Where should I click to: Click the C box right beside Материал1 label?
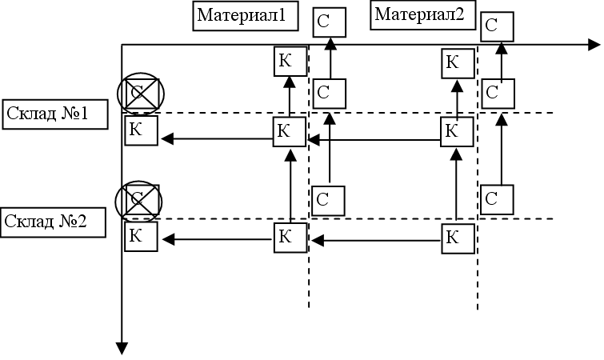329,22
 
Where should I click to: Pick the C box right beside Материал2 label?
498,26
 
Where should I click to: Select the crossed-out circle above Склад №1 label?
139,94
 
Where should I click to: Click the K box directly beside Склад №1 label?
141,131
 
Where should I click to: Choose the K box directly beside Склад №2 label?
141,237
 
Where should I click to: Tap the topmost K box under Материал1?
290,60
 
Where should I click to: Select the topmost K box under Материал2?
457,62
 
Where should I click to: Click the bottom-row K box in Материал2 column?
457,237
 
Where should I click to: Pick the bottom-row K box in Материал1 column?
290,237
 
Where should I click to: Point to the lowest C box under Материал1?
328,200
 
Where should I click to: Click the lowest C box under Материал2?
497,200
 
